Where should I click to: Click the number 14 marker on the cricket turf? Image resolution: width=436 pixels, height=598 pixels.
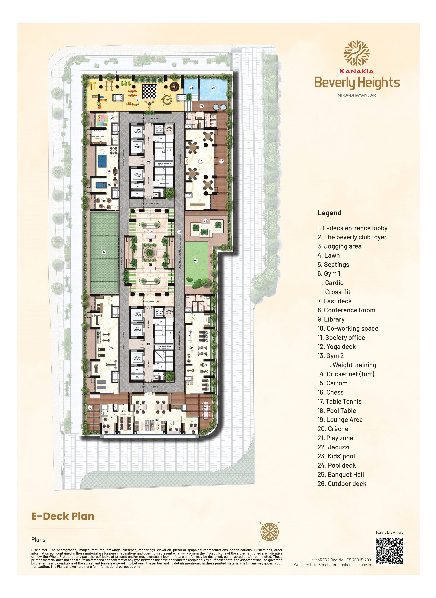point(104,252)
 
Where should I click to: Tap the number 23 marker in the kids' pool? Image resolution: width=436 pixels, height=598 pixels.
point(214,88)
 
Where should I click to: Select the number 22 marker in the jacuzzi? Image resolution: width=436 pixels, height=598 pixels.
point(191,88)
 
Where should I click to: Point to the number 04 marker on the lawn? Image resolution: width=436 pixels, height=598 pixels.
point(196,261)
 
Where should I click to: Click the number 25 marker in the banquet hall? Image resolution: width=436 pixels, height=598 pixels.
point(201,161)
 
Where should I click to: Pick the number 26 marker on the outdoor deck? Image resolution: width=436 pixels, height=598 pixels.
point(221,161)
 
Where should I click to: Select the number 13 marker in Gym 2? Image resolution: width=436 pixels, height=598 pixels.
point(111,348)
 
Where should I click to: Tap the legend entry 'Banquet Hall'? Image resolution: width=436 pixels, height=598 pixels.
point(341,474)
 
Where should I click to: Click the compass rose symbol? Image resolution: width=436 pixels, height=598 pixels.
point(269,532)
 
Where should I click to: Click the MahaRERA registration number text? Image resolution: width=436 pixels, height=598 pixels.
point(340,560)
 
